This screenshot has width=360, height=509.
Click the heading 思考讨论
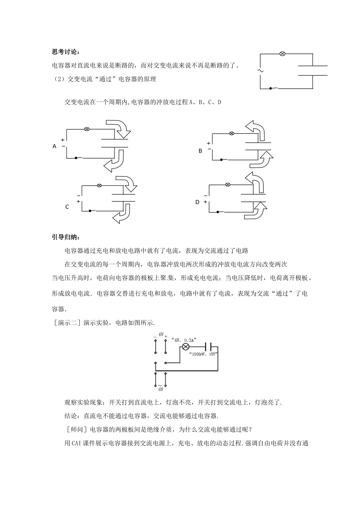click(x=65, y=52)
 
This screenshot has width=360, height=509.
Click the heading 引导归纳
click(x=65, y=237)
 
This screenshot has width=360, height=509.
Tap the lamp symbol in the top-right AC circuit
click(x=282, y=54)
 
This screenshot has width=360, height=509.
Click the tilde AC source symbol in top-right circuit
click(x=260, y=70)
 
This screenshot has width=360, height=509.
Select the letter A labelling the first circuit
click(x=55, y=146)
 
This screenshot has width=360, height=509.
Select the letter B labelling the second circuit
click(x=200, y=151)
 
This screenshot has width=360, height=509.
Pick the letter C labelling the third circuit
click(x=67, y=207)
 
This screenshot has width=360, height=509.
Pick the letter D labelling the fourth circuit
click(x=197, y=202)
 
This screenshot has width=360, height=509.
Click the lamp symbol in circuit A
click(x=86, y=129)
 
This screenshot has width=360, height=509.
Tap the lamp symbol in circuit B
click(x=232, y=133)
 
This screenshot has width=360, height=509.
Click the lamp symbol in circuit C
click(x=99, y=185)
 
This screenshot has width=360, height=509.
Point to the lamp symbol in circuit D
click(x=228, y=184)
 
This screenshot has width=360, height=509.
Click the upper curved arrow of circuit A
click(x=119, y=128)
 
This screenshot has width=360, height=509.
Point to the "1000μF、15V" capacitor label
click(x=203, y=354)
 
